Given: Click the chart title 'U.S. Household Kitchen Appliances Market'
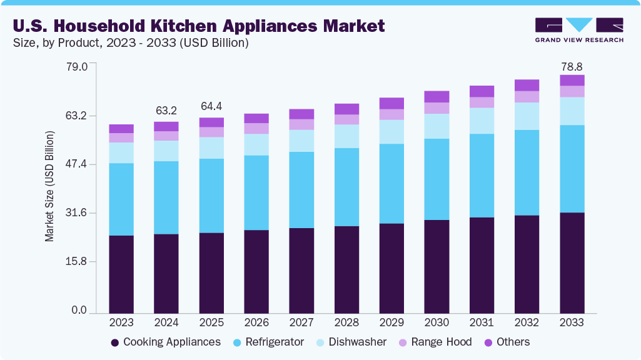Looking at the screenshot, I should coord(199,26).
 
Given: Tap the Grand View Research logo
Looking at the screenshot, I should coord(578,30).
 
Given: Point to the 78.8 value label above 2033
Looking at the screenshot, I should coord(572,66).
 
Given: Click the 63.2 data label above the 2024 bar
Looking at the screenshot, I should coord(166,111).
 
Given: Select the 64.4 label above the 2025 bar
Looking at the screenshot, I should coord(211,106).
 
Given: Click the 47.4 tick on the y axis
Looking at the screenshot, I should coord(76,164).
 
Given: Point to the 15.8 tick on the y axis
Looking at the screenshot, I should coord(76,261).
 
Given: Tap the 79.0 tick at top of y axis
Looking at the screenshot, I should coord(76,66).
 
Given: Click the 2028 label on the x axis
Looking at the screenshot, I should coord(346,322).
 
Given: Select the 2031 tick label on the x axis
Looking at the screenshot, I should coord(482,322).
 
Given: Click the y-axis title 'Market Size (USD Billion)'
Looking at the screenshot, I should coord(49,186).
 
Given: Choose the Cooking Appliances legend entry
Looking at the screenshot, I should coord(165,342).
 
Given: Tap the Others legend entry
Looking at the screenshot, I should coord(505,342).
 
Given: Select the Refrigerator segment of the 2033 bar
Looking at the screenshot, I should coord(572,169).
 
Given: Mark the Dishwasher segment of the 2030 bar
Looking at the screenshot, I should coord(437,126).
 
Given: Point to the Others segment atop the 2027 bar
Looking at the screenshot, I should coord(301,114).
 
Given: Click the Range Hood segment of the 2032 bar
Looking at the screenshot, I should coord(527,97).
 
